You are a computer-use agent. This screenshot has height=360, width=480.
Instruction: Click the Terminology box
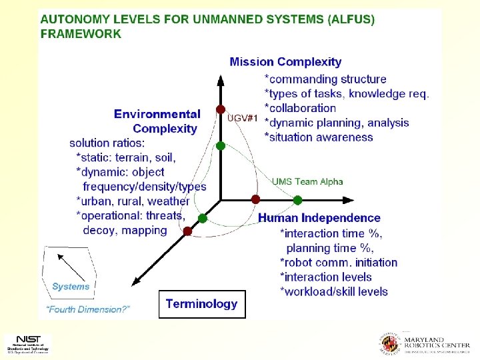pos(201,304)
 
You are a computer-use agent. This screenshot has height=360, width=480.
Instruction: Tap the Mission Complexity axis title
pos(285,62)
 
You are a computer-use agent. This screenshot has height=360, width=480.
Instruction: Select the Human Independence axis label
pos(319,218)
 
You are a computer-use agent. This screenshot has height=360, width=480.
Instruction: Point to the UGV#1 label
pos(243,119)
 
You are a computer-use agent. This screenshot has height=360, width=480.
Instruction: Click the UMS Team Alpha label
pos(307,181)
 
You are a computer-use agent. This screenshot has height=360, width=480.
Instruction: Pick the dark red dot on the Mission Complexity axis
pos(221,109)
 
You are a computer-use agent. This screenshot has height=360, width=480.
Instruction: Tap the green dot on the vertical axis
pos(221,145)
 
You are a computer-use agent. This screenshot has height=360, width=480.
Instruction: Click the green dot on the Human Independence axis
pos(297,199)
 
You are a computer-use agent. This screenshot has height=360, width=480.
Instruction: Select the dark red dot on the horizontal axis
pos(255,199)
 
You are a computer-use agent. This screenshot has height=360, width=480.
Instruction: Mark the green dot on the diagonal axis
pos(203,218)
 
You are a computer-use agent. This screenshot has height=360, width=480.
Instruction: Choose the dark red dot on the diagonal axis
pos(187,231)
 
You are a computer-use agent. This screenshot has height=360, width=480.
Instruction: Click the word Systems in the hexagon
pos(71,287)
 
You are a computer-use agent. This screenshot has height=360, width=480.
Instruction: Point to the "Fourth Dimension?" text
pos(88,309)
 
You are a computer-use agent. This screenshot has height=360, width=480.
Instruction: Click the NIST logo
pos(27,343)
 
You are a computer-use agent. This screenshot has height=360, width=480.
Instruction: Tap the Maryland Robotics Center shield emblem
pos(389,343)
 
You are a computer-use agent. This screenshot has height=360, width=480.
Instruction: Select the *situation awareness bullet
pos(319,137)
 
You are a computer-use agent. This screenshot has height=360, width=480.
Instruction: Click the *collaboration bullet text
pos(300,108)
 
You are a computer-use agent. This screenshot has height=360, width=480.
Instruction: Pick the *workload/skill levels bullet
pos(333,291)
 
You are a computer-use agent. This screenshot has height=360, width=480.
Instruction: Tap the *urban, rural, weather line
pos(133,201)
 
